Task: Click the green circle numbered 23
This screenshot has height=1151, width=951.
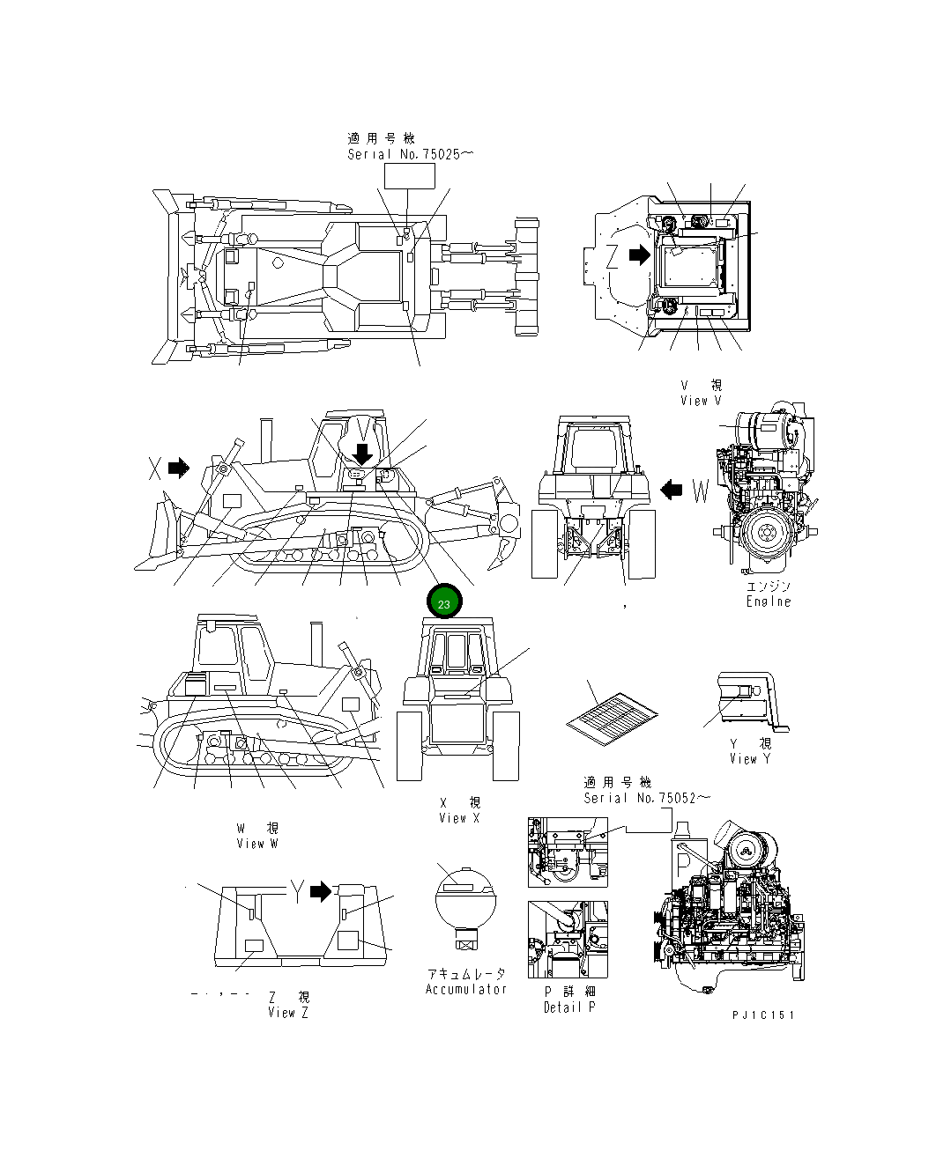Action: point(444,603)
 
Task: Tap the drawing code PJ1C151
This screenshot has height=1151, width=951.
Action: point(763,1015)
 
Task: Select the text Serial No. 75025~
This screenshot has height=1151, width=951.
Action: point(410,154)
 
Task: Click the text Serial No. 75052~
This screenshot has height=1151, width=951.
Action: point(646,798)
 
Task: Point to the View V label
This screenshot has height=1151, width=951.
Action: point(701,401)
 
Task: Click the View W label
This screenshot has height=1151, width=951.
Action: point(257,844)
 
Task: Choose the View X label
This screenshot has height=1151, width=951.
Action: point(459,818)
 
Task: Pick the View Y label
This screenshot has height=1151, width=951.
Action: point(749,759)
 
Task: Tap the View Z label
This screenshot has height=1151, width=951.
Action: point(288,1013)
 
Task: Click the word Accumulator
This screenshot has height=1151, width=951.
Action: point(466,989)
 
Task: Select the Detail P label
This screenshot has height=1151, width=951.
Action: point(569,1007)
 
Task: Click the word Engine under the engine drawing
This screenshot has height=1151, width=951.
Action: point(769,601)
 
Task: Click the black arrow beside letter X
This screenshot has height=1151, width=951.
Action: point(179,468)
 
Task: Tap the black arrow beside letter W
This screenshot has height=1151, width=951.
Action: point(672,489)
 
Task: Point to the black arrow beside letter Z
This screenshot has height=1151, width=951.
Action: point(638,255)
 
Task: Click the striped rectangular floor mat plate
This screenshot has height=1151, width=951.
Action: point(613,712)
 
